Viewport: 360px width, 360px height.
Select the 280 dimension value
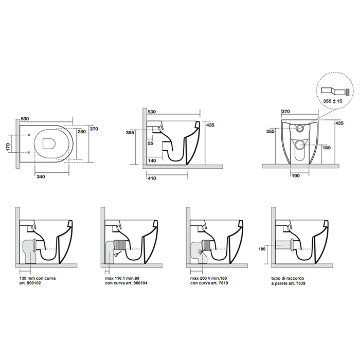pyautogui.click(x=81, y=132)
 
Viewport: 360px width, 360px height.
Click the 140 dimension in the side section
pyautogui.click(x=152, y=161)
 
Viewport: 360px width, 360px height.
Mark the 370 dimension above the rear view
pyautogui.click(x=286, y=112)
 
